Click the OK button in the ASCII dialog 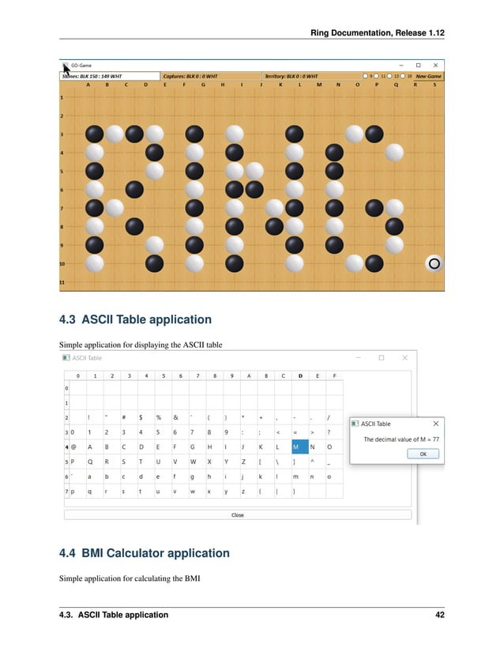pyautogui.click(x=423, y=454)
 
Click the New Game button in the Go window pyautogui.click(x=429, y=76)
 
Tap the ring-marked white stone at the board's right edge pyautogui.click(x=434, y=263)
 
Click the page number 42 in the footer pyautogui.click(x=440, y=614)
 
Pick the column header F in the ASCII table pyautogui.click(x=335, y=375)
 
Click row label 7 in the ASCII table pyautogui.click(x=66, y=491)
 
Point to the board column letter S pyautogui.click(x=434, y=85)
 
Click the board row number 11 pyautogui.click(x=62, y=282)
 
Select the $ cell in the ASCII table pyautogui.click(x=141, y=416)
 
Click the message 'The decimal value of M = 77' pyautogui.click(x=401, y=439)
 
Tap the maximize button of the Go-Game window pyautogui.click(x=419, y=64)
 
